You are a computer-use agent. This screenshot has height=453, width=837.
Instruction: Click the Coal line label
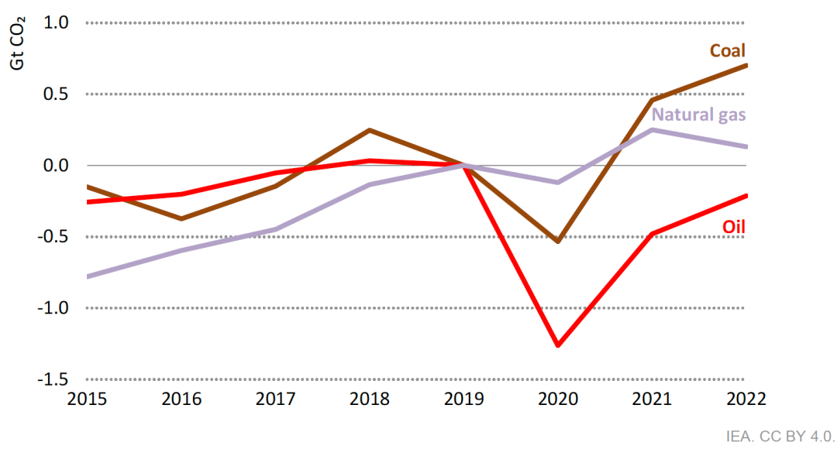click(727, 51)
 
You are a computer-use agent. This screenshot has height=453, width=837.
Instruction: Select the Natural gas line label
click(698, 115)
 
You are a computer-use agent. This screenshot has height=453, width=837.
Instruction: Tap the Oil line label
click(733, 226)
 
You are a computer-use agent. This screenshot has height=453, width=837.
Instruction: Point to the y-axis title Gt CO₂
click(17, 45)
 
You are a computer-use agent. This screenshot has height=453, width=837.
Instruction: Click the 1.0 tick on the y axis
click(57, 23)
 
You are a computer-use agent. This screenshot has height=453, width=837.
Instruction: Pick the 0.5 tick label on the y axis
click(57, 94)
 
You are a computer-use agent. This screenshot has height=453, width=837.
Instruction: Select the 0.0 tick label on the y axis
click(57, 166)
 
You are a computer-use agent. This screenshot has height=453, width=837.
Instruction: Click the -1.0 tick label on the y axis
click(54, 308)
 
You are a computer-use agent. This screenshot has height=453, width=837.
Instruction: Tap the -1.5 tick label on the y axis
click(54, 379)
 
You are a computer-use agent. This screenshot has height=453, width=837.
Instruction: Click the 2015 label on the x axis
click(87, 399)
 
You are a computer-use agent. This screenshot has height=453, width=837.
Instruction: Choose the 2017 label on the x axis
click(275, 399)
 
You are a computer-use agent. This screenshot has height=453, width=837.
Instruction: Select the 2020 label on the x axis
click(557, 399)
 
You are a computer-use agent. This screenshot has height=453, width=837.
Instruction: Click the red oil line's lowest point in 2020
click(558, 345)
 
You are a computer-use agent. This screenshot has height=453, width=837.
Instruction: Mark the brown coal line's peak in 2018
click(370, 130)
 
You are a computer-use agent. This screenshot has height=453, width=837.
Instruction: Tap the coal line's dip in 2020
click(558, 242)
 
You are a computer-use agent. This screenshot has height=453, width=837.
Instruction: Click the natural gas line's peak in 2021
click(653, 129)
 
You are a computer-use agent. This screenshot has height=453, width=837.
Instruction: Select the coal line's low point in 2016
click(181, 218)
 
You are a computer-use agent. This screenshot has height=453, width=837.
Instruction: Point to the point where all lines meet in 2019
click(463, 165)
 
